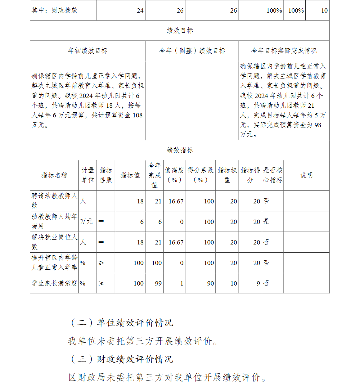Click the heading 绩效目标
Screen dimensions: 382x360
(180, 31)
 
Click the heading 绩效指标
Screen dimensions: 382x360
(180, 150)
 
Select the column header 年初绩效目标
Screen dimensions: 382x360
(87, 51)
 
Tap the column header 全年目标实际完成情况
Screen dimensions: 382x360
(284, 51)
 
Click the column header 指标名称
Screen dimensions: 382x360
(54, 175)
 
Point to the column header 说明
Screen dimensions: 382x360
(306, 175)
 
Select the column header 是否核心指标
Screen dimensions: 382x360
(273, 175)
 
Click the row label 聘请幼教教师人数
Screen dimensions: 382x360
(54, 201)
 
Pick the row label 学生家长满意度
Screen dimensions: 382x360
(54, 283)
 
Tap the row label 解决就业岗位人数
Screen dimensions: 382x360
(54, 242)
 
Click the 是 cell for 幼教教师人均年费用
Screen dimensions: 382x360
(266, 221)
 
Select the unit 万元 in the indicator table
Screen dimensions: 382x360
(86, 221)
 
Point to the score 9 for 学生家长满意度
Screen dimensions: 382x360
(258, 283)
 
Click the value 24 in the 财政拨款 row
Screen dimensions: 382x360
(140, 10)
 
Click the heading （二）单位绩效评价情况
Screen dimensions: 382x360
(121, 323)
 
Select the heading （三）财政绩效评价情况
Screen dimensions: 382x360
(121, 359)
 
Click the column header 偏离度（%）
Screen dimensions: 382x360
(174, 175)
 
